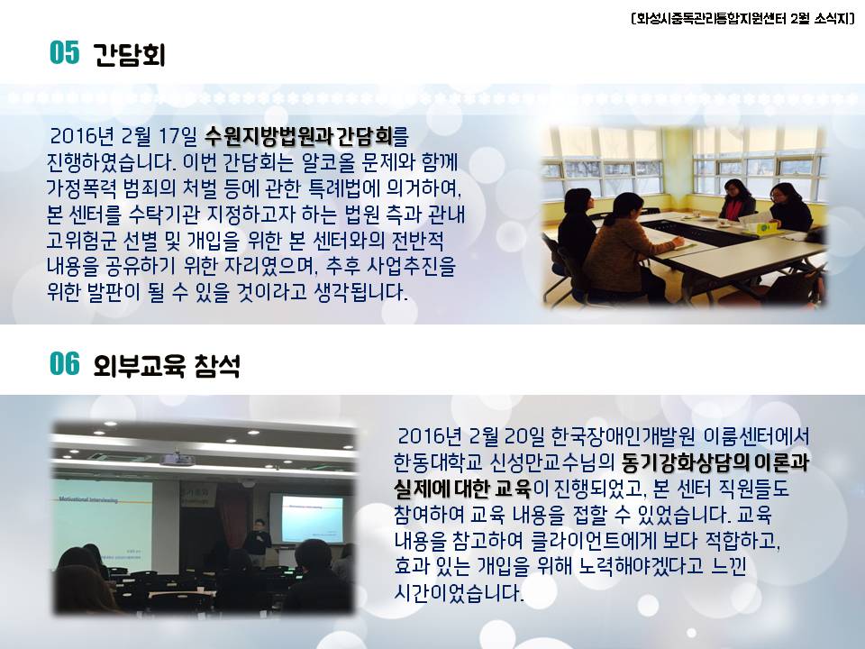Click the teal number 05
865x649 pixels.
(x=65, y=53)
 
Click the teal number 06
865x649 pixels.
(x=65, y=364)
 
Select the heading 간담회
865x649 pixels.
(x=129, y=54)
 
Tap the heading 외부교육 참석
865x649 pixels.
(x=167, y=365)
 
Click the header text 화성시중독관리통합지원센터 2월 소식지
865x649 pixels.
(x=743, y=19)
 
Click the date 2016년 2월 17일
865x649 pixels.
(x=123, y=136)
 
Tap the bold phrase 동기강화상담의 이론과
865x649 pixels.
(x=715, y=462)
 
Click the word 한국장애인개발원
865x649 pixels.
(x=623, y=436)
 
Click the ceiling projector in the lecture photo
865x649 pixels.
(x=177, y=458)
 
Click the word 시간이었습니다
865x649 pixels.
(x=459, y=594)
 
